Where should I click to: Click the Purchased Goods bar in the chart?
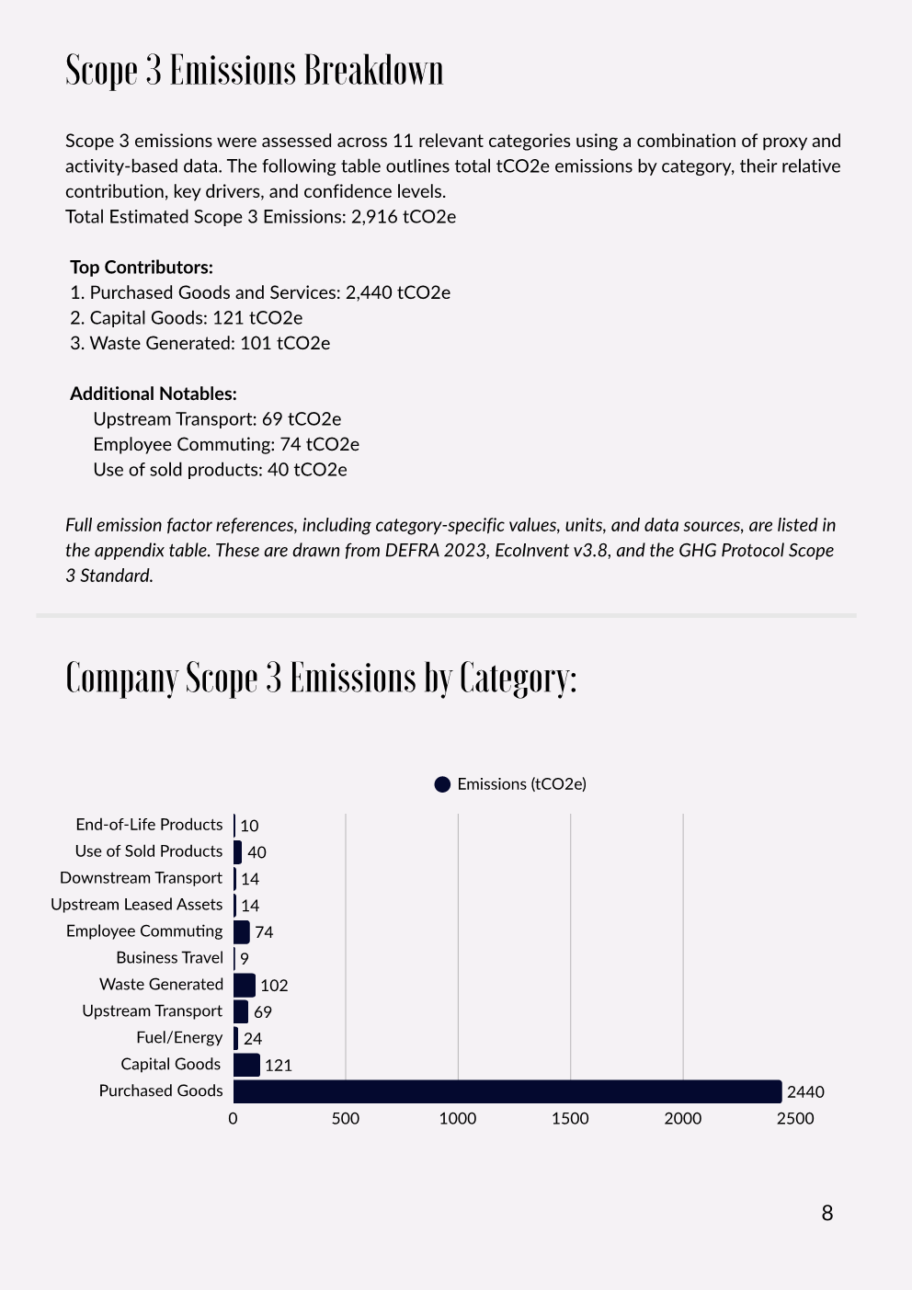(507, 1091)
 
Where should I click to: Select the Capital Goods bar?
(246, 1065)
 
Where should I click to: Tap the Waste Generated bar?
(245, 985)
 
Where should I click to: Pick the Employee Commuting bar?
(242, 931)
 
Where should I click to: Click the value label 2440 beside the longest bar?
(805, 1092)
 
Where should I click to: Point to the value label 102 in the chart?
(274, 986)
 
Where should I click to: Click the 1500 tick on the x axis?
(570, 1119)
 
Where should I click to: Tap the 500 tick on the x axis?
(346, 1119)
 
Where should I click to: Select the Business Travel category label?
(169, 958)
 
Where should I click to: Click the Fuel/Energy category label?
(179, 1038)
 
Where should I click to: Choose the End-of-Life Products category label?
(149, 825)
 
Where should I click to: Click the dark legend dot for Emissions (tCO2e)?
(442, 784)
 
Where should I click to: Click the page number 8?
(827, 1214)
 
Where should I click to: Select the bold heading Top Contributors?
(142, 268)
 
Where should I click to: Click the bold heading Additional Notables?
(154, 394)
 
